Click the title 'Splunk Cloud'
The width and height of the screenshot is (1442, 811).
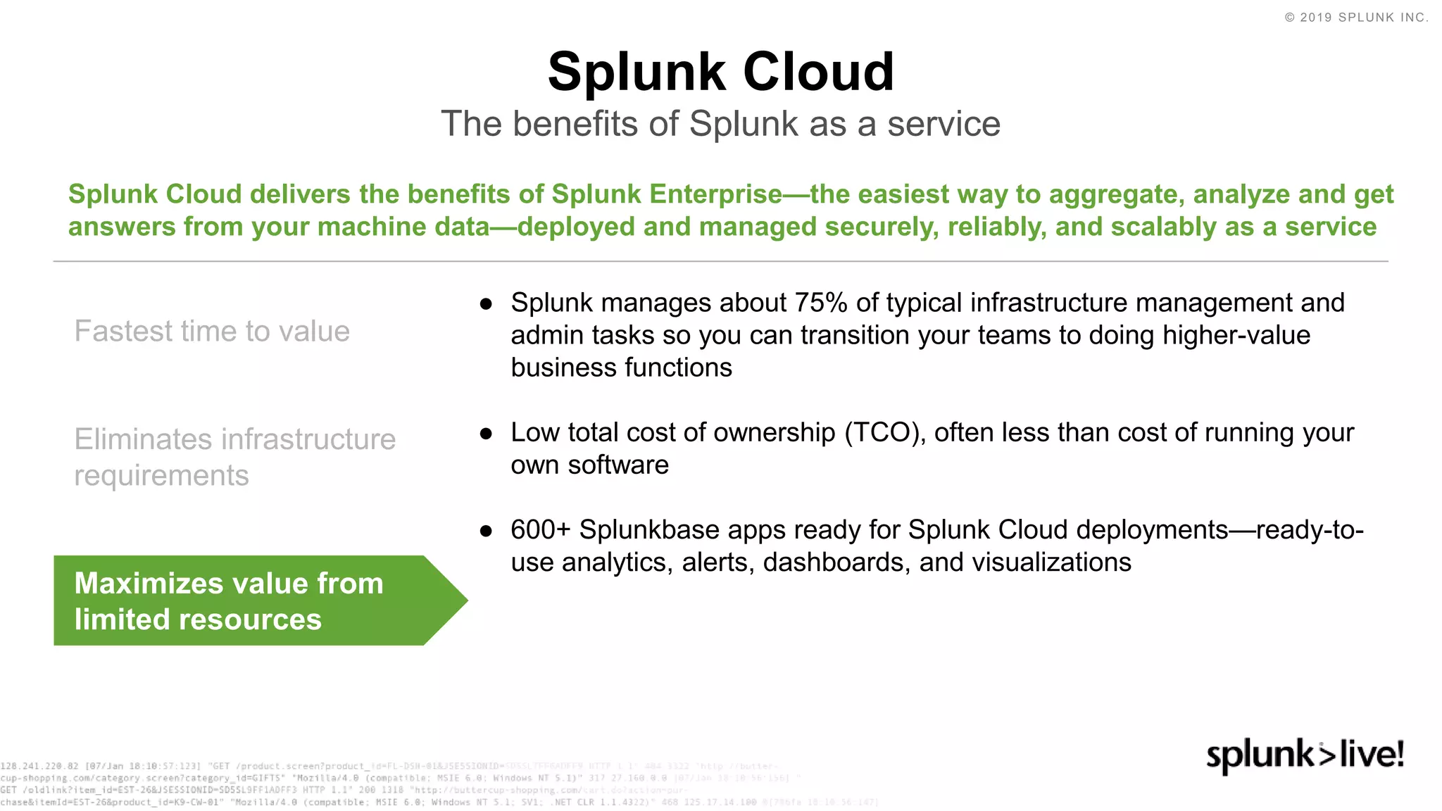[x=720, y=72]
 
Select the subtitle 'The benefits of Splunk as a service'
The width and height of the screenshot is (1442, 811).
[x=720, y=124]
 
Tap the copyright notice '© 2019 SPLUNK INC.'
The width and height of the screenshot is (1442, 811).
[x=1356, y=18]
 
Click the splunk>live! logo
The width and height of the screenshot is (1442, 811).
[x=1305, y=756]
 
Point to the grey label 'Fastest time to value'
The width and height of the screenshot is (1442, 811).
[x=212, y=331]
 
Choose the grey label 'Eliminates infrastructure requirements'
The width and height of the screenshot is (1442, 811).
[x=234, y=457]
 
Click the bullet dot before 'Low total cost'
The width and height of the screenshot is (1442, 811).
[x=486, y=434]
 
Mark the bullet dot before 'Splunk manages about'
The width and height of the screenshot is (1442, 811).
[x=486, y=304]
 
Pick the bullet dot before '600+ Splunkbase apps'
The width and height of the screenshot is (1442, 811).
[x=486, y=531]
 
